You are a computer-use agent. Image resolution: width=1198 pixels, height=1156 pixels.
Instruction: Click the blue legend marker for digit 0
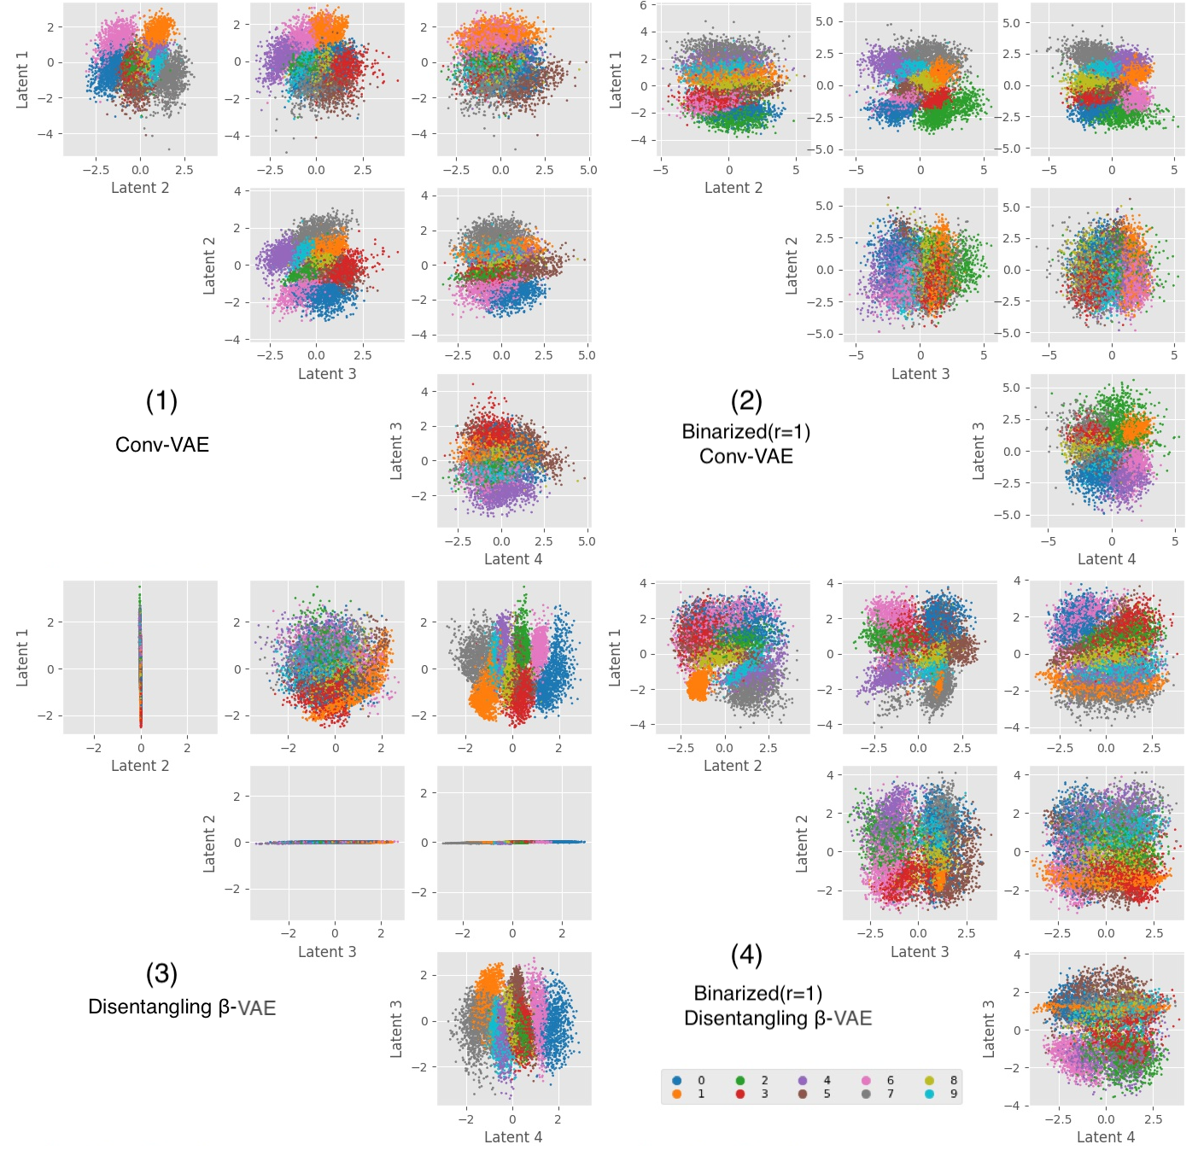coord(677,1080)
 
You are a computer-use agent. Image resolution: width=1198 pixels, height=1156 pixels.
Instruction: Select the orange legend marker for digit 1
coord(677,1094)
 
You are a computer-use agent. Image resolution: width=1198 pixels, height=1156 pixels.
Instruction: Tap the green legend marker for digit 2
coord(740,1080)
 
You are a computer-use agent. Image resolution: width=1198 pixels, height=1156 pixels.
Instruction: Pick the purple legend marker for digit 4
coord(803,1080)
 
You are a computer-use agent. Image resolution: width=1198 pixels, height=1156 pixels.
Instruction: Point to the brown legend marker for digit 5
coord(803,1094)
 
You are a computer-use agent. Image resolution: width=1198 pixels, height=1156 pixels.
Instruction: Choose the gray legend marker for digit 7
coord(866,1094)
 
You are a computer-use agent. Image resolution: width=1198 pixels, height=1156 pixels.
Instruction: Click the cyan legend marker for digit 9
coord(929,1094)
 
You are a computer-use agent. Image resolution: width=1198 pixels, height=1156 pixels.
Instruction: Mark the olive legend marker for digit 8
coord(929,1080)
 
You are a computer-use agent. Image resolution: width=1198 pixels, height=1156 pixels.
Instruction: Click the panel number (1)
coord(161,400)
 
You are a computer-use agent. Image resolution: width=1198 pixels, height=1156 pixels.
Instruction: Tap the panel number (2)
coord(746,400)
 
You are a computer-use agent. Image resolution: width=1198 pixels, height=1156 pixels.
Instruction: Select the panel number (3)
coord(161,973)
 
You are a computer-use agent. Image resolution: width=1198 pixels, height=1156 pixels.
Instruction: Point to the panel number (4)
coord(746,955)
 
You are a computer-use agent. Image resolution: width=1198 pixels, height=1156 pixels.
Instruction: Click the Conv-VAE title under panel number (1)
coord(162,445)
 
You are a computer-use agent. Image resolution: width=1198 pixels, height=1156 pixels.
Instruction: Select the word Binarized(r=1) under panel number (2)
coord(746,432)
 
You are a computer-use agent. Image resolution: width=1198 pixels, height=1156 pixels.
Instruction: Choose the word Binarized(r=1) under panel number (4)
coord(758,994)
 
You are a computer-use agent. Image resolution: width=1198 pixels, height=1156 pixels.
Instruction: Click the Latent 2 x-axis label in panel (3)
coord(140,766)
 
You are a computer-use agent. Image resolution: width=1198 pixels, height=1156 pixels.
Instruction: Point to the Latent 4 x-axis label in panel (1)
coord(513,559)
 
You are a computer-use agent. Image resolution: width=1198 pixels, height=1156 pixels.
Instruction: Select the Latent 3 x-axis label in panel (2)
coord(920,374)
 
